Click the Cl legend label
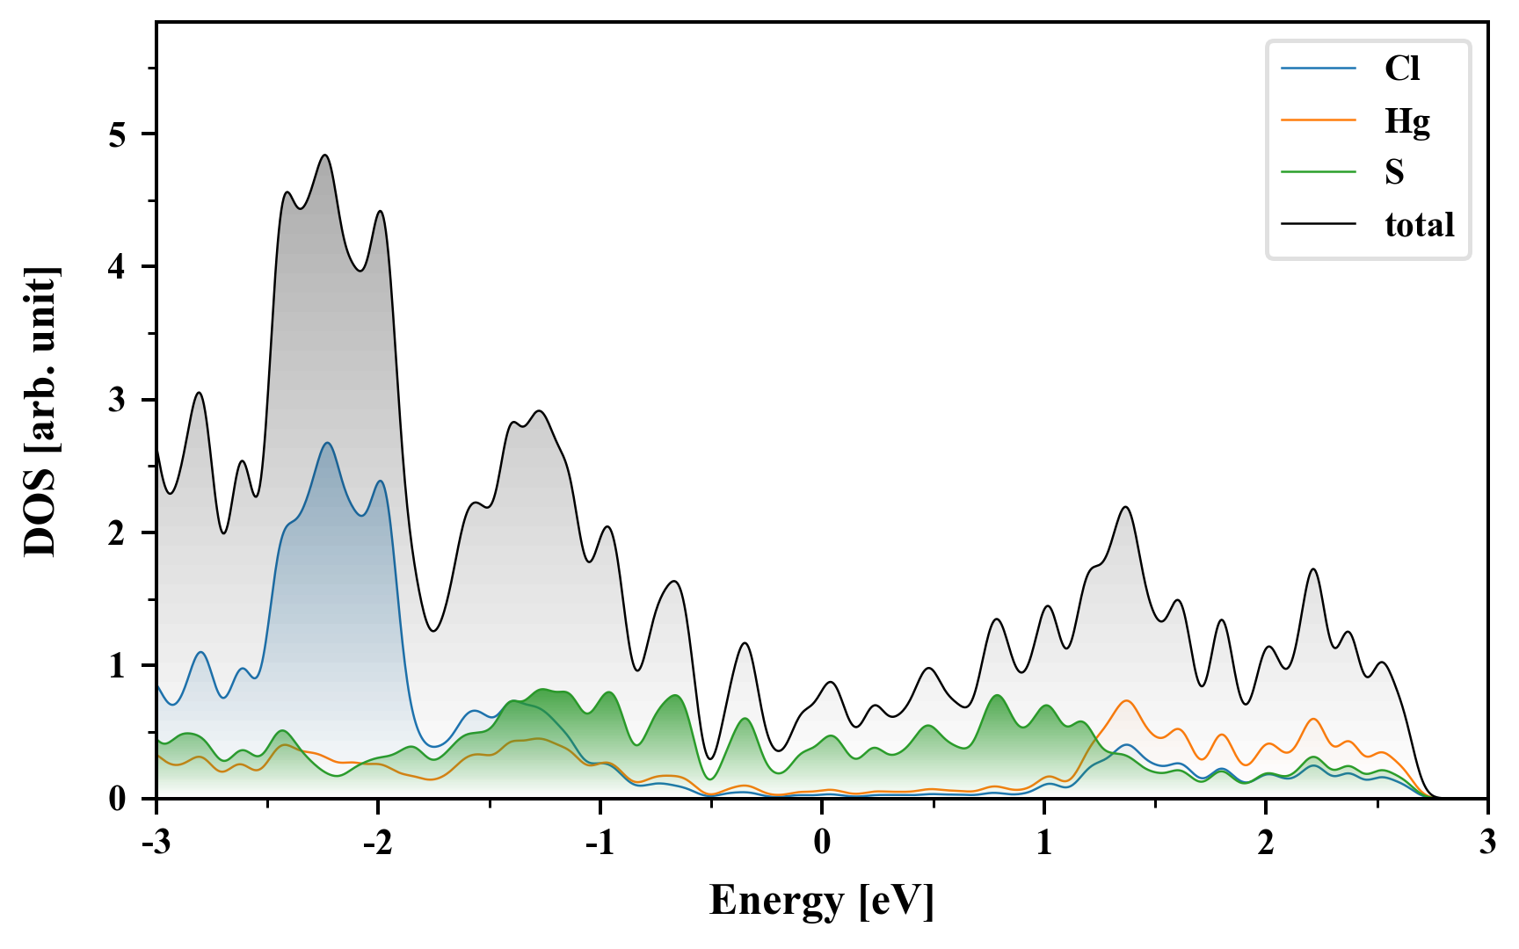[1402, 69]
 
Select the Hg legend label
[1407, 120]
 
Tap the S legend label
[1394, 172]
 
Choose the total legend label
[1419, 225]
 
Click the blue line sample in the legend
[1318, 69]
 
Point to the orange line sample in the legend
[1318, 120]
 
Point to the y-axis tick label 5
[119, 134]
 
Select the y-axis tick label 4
[119, 267]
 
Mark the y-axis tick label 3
[119, 400]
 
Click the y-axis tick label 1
[119, 666]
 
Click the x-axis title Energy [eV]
[822, 901]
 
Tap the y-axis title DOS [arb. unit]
[40, 411]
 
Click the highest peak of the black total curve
[325, 156]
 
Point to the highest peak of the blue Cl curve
[328, 443]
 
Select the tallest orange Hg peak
[1126, 700]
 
